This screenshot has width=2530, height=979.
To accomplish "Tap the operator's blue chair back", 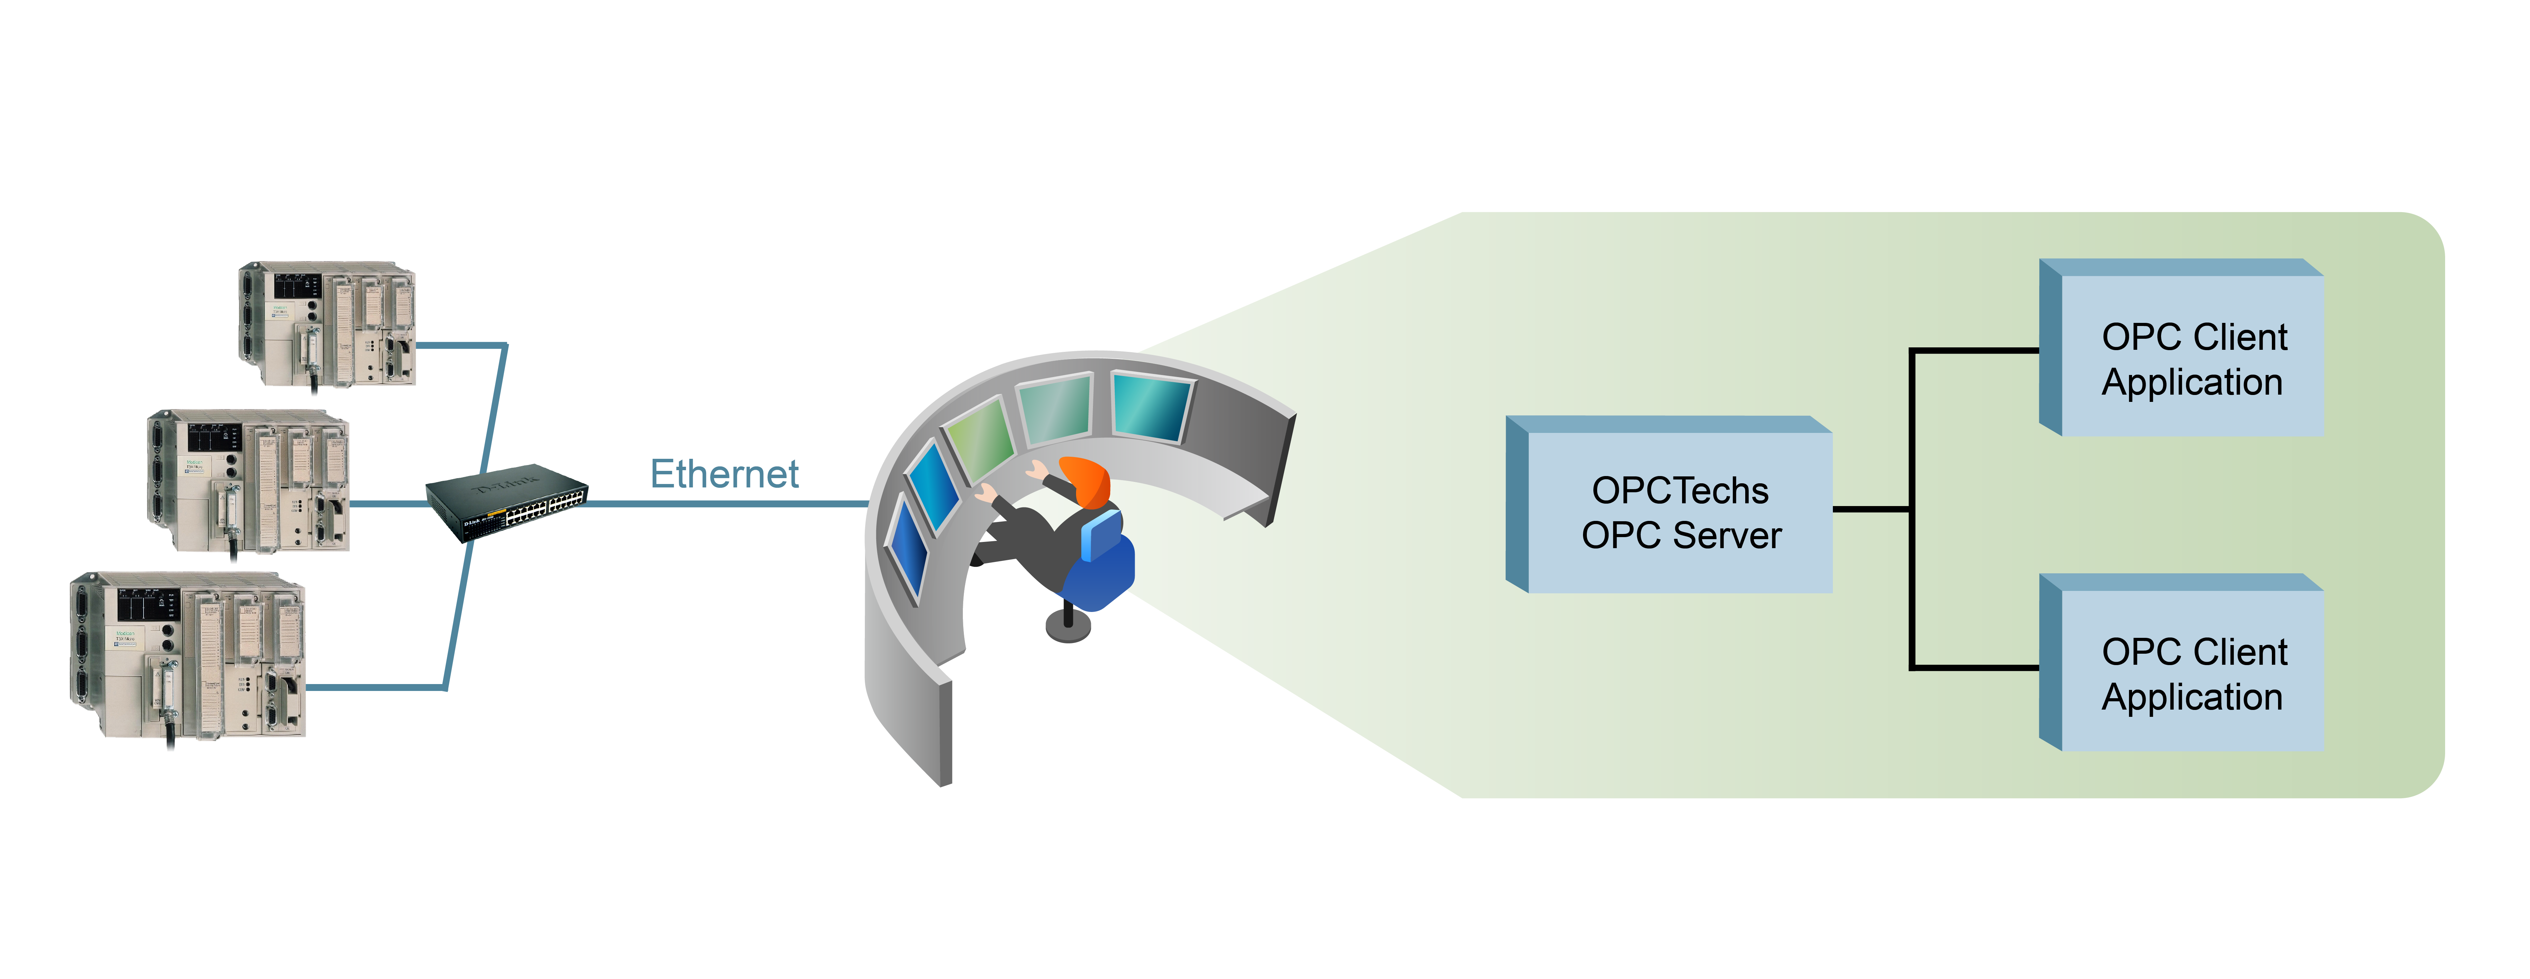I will point(1102,535).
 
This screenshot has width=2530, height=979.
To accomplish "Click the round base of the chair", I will point(1067,626).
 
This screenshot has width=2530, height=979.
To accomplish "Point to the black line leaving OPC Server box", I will point(1871,509).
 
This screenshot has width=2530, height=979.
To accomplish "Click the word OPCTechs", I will point(1679,490).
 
